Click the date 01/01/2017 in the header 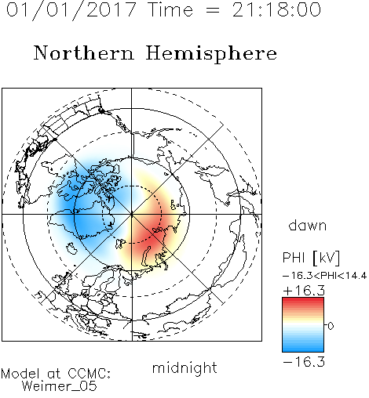(x=71, y=10)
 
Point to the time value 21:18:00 (x=276, y=9)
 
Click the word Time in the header (x=170, y=9)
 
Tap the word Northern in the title (x=84, y=53)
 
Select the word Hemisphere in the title (x=211, y=54)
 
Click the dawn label (x=308, y=225)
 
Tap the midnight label (x=184, y=367)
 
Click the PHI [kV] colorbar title (x=311, y=258)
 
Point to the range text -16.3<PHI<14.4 (x=325, y=276)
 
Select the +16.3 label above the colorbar (x=304, y=291)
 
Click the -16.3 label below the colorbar (x=304, y=362)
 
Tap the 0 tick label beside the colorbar (x=331, y=326)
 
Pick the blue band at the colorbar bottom (x=303, y=348)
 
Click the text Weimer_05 (x=60, y=386)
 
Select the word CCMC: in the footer (x=90, y=374)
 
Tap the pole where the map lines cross (x=132, y=214)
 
